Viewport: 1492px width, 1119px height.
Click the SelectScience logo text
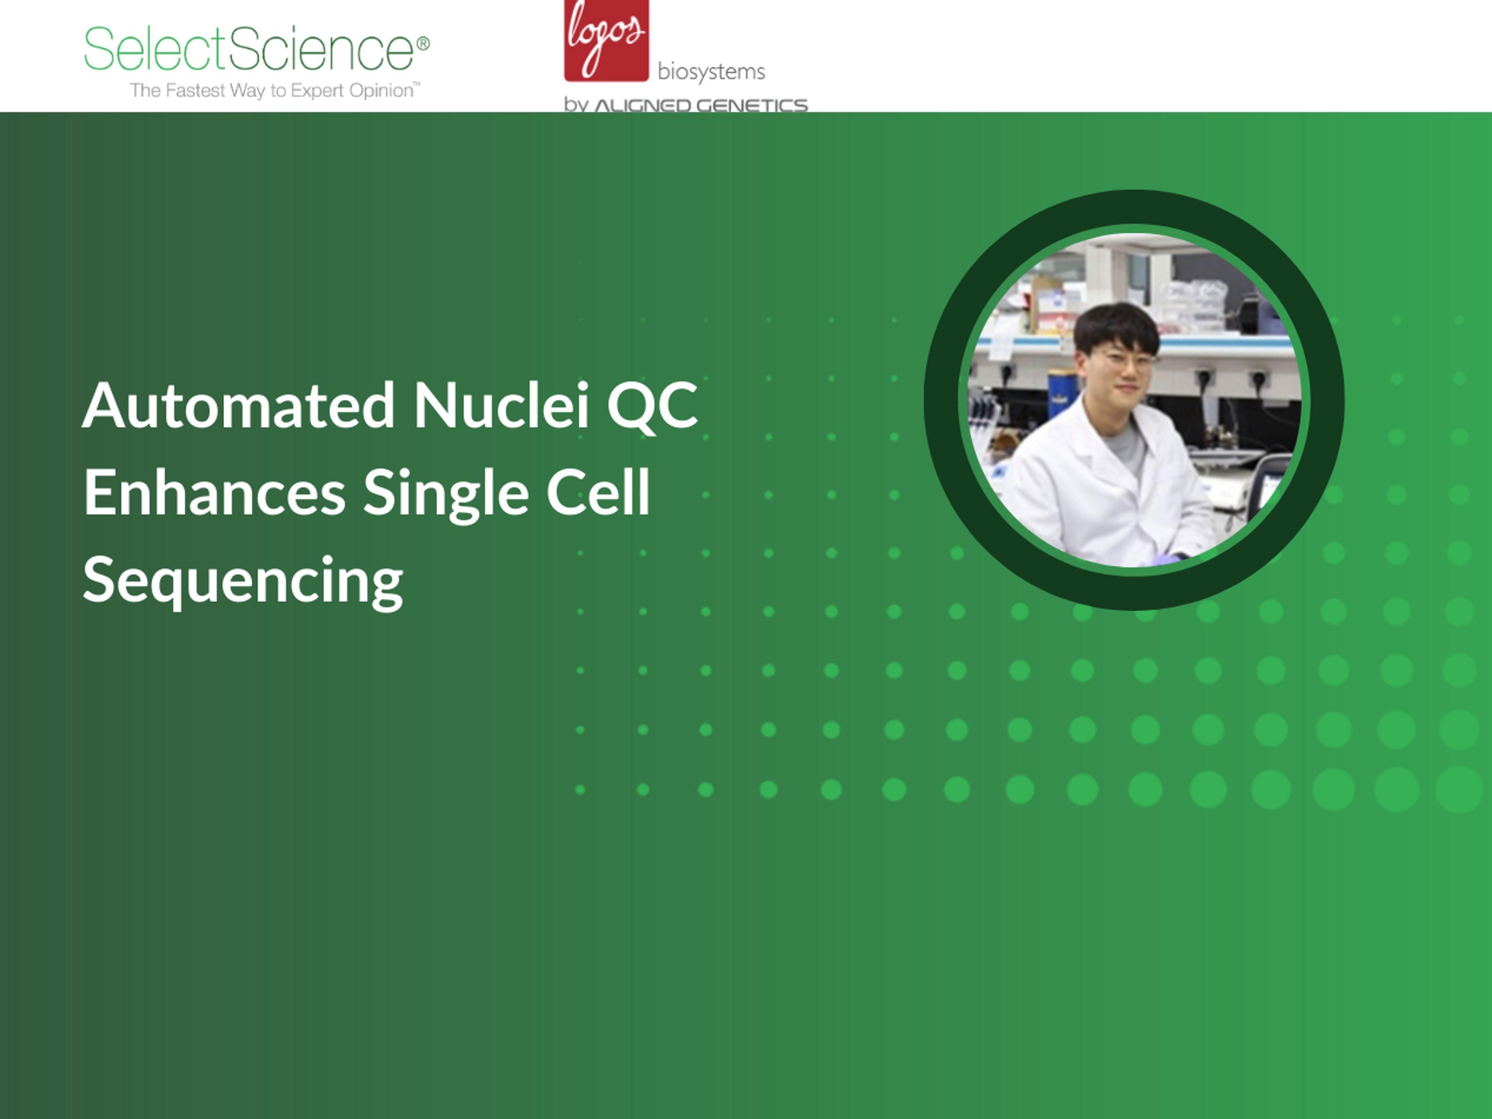tap(249, 49)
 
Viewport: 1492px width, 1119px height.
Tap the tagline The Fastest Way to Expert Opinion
tap(275, 91)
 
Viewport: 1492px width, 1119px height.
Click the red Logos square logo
tap(607, 40)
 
